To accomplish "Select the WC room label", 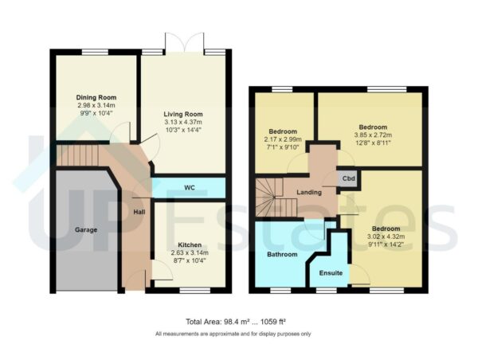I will (x=190, y=188).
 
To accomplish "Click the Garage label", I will (x=86, y=229).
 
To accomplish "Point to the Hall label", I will (x=139, y=212).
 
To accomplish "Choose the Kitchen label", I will (x=190, y=245).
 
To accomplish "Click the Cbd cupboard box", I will (x=348, y=178).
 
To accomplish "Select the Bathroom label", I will (x=282, y=254).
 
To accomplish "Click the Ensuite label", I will (x=331, y=273).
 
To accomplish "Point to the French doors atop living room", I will (x=182, y=43).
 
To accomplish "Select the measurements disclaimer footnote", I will (x=233, y=334).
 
